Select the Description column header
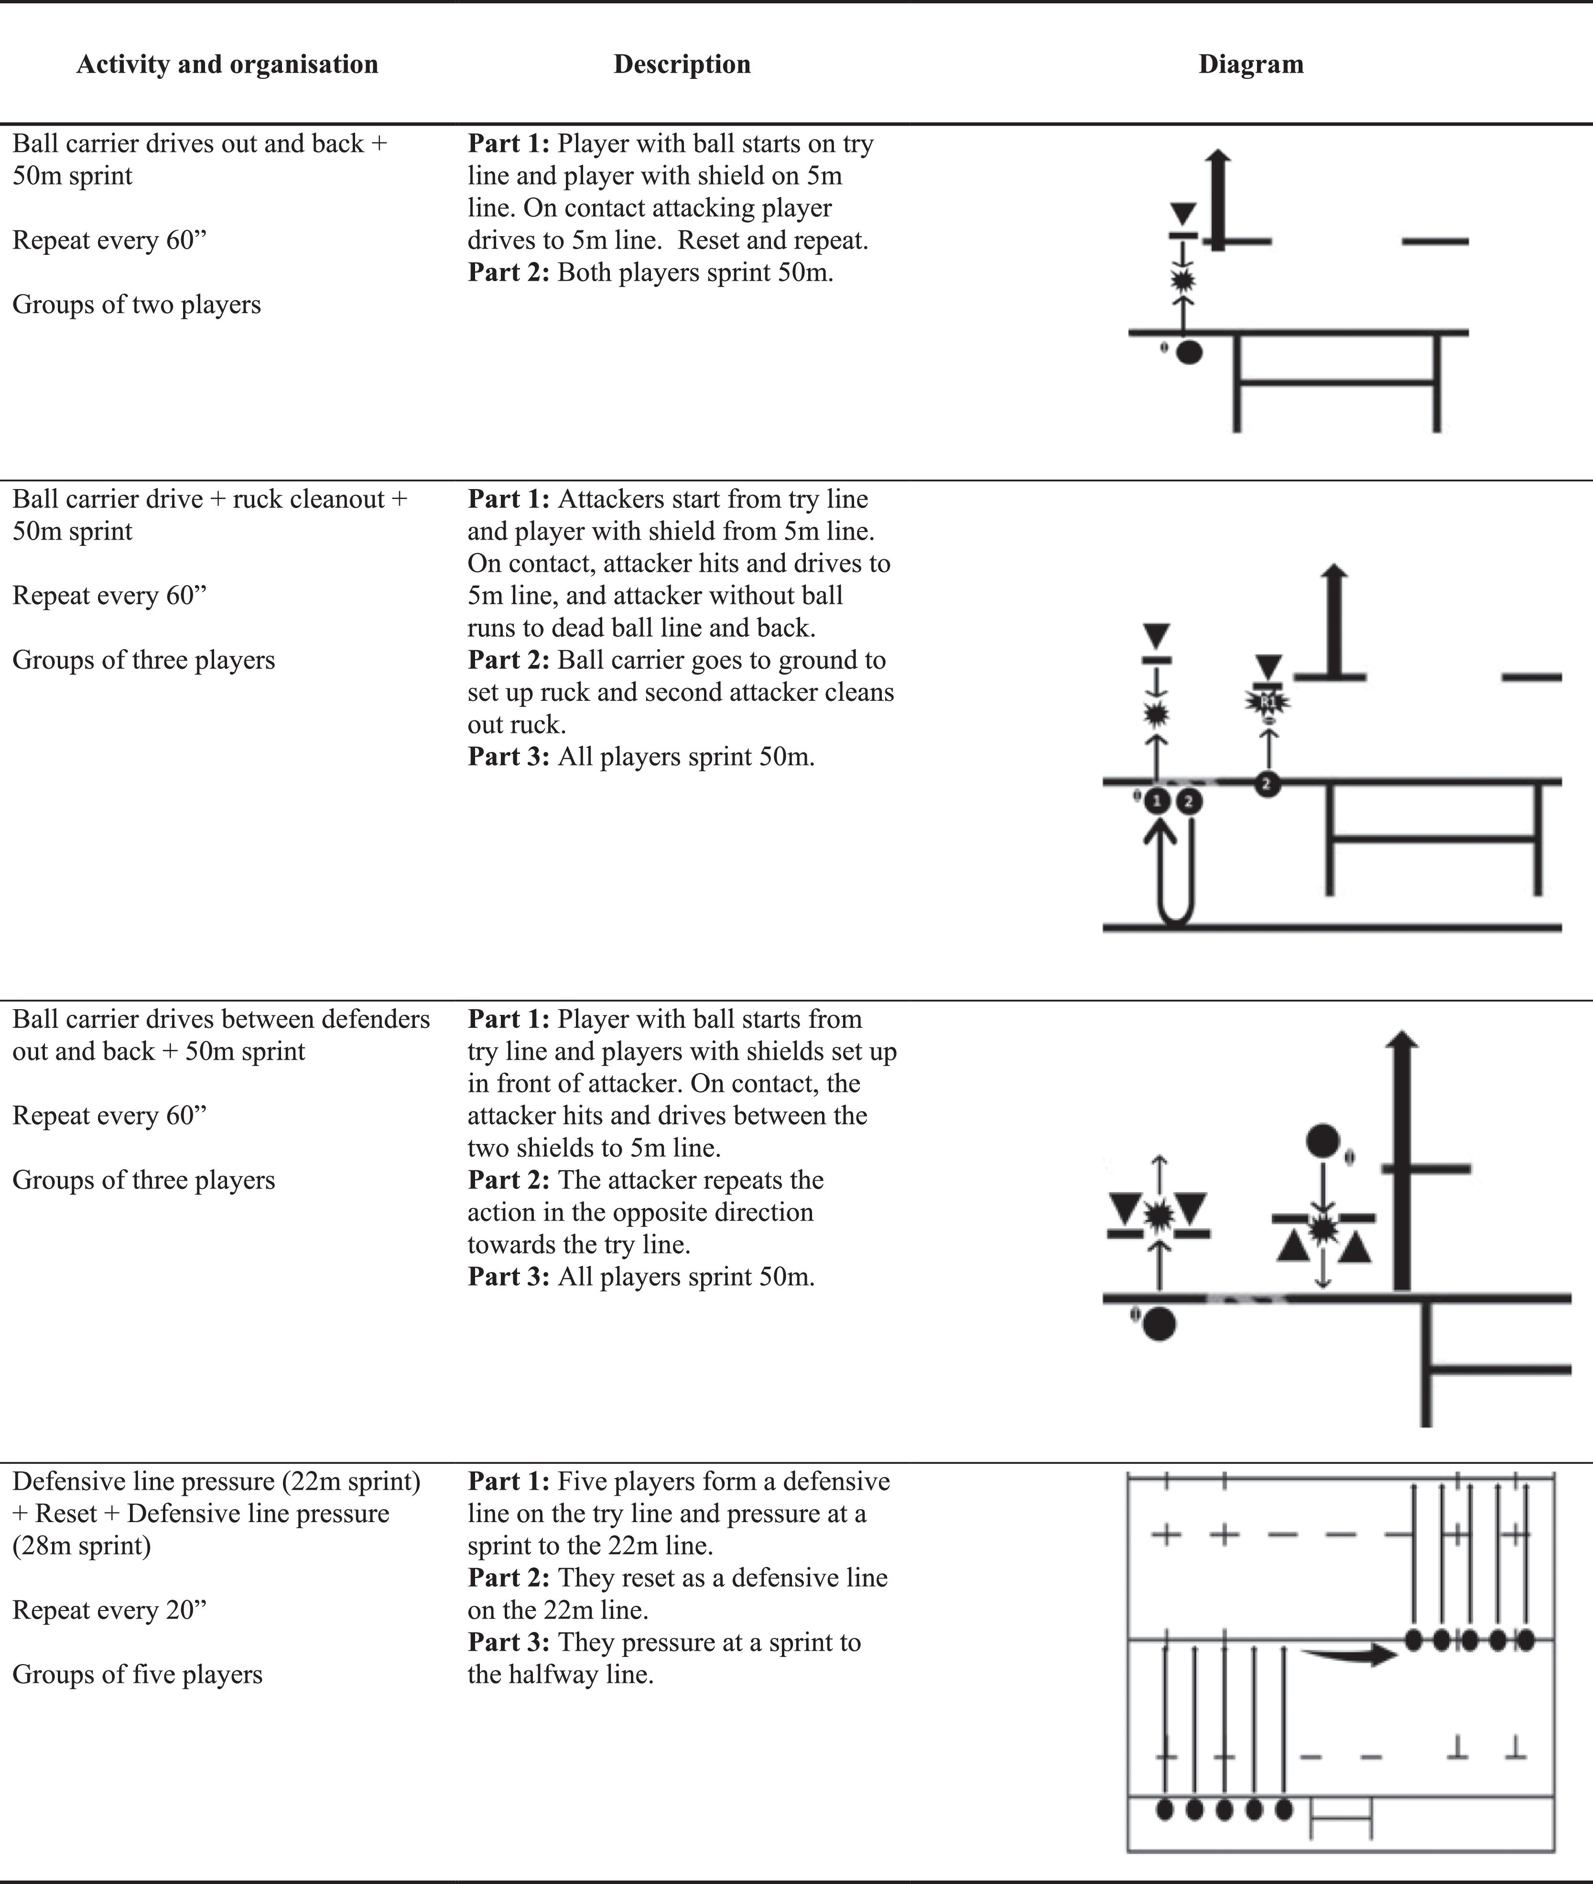click(682, 64)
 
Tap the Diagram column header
click(1251, 64)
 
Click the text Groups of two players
click(136, 305)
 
